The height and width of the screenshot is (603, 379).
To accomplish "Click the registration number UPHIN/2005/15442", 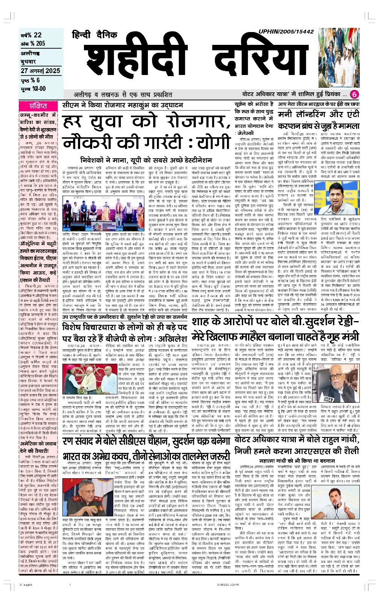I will click(286, 32).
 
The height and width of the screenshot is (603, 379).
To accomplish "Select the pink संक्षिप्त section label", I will click(38, 106).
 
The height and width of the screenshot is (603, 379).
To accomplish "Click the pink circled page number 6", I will click(355, 94).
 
